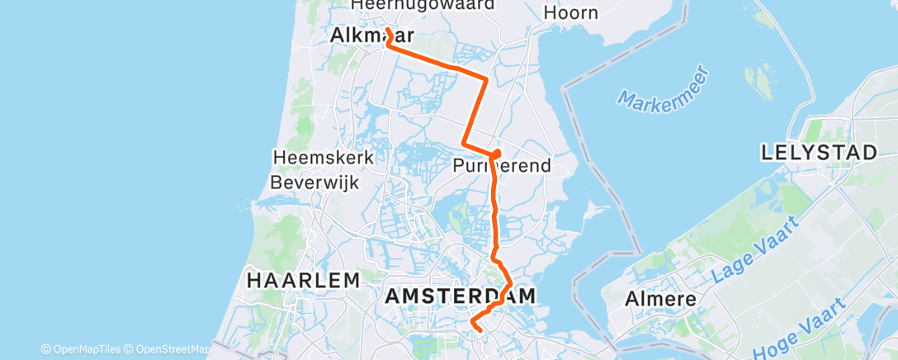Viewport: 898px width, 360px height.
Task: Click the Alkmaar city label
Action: (360, 35)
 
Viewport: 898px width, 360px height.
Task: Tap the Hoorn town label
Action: (570, 12)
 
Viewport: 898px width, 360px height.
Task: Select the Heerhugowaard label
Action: (423, 5)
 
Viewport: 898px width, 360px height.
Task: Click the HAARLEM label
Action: (303, 281)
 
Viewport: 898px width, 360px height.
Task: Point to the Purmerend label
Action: (501, 166)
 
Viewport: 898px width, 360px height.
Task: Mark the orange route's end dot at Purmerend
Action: (496, 154)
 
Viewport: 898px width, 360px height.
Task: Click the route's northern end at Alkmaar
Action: (387, 32)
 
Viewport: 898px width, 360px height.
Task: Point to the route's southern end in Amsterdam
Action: (480, 330)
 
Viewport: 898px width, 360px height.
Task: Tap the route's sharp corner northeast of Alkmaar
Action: (486, 79)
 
